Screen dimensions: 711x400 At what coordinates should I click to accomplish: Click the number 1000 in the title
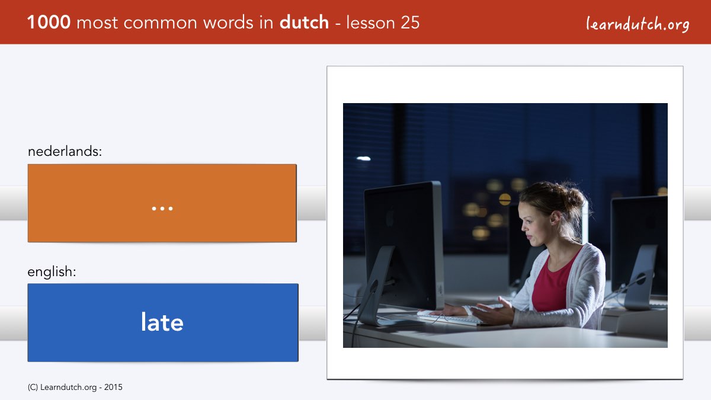click(x=49, y=23)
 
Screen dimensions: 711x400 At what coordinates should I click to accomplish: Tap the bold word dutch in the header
click(x=304, y=23)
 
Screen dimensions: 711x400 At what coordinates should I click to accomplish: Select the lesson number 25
click(x=410, y=23)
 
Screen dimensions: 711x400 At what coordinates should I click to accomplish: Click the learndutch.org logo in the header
click(x=638, y=24)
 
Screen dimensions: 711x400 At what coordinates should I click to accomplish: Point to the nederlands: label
click(x=65, y=152)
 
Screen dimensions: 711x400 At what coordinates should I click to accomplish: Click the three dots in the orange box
click(x=162, y=209)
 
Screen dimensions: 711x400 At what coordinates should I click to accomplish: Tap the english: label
click(x=52, y=272)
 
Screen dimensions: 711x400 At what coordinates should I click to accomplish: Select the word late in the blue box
click(x=162, y=322)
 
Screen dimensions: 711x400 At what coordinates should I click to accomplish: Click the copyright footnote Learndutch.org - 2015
click(x=75, y=388)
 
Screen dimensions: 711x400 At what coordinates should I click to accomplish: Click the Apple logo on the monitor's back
click(x=389, y=217)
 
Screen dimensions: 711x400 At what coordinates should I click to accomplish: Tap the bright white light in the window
click(x=363, y=158)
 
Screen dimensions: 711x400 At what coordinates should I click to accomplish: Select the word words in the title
click(x=229, y=23)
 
